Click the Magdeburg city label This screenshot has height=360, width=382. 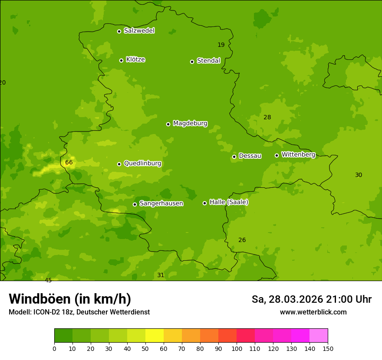pos(190,124)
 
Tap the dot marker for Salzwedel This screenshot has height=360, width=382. pos(119,31)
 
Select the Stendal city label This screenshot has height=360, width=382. pos(209,61)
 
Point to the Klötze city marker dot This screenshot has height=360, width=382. pos(121,60)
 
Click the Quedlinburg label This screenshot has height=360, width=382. pos(142,164)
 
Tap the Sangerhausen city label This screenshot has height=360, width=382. pos(161,203)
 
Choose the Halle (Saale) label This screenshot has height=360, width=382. pos(229,202)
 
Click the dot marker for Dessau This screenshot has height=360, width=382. pos(234,157)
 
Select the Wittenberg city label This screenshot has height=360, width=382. pos(298,155)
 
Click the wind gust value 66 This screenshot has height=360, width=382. pos(69,163)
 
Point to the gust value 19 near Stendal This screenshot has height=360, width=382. pos(221,45)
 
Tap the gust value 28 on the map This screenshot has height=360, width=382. pos(267,118)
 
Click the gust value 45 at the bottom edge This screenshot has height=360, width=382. pos(48,280)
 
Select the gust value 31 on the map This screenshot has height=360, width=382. pos(161,275)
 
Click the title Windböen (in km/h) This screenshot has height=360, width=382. pos(70,299)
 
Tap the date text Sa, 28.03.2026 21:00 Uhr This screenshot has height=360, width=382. pos(311,299)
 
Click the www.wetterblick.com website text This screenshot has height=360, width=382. pos(313,312)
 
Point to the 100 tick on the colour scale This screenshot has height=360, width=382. pos(237,348)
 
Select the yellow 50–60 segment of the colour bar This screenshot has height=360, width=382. pos(155,336)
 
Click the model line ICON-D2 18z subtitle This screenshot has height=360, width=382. pos(79,312)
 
